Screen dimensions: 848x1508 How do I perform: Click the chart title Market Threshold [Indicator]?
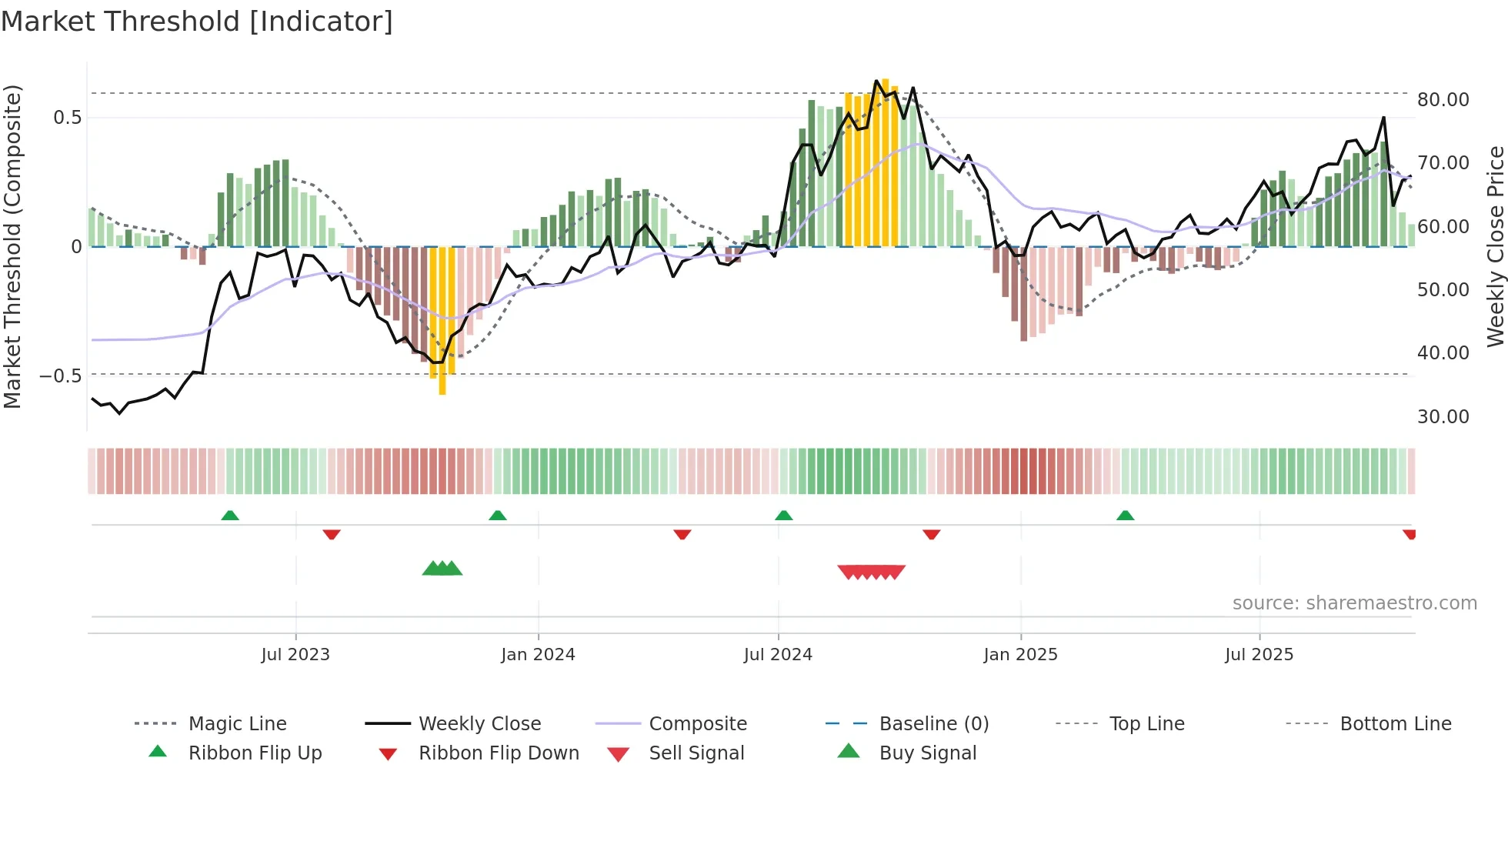point(197,22)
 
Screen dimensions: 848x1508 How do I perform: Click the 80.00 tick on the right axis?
point(1443,100)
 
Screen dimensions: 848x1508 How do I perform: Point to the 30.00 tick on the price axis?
point(1443,417)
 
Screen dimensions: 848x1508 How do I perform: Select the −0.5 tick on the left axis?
point(60,376)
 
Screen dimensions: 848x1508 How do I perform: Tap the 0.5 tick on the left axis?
point(67,118)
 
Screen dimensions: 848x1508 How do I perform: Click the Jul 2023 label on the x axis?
point(295,655)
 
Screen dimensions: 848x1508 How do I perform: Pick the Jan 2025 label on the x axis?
point(1020,655)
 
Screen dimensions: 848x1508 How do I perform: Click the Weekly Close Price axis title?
point(1495,246)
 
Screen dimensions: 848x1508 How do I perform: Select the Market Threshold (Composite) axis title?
point(12,246)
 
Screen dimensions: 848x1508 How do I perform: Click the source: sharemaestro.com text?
point(1354,603)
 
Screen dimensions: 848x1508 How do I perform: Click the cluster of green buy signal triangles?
point(442,569)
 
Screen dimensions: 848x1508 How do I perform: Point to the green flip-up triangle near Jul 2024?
point(783,516)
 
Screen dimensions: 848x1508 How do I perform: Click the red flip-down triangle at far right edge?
point(1410,534)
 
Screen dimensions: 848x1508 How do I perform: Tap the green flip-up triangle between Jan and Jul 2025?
point(1125,516)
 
